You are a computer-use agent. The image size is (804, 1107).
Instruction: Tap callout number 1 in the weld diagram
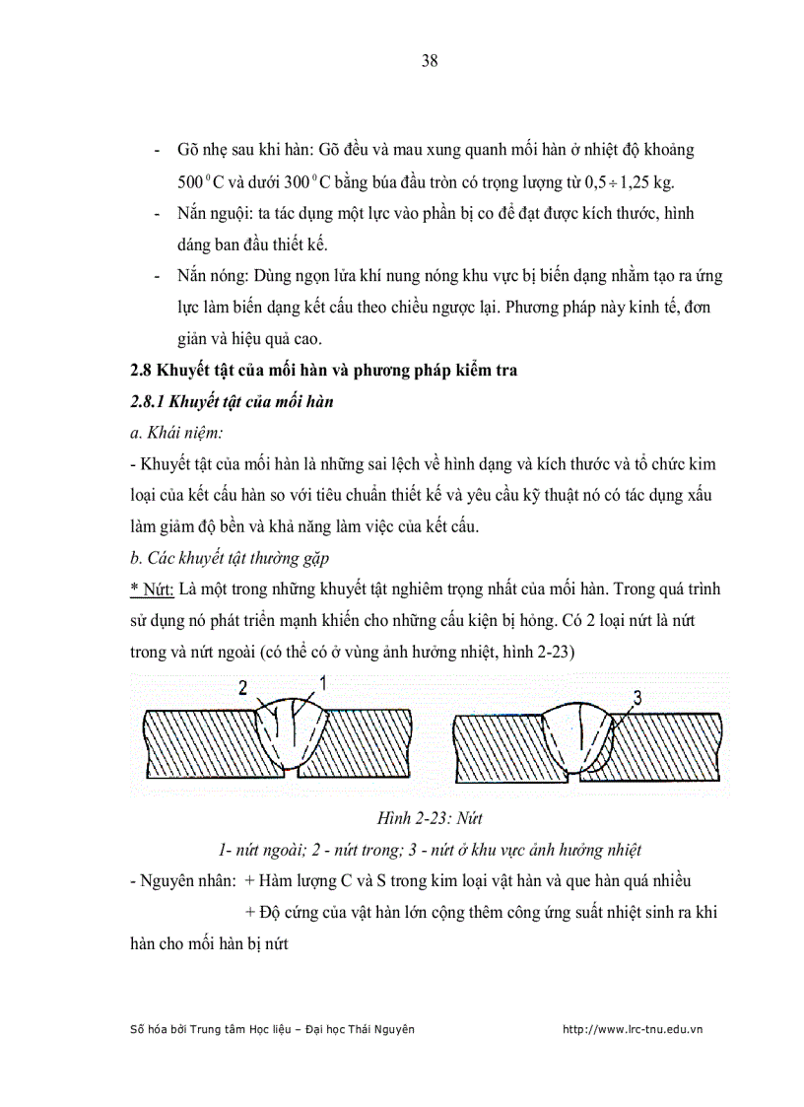click(x=322, y=681)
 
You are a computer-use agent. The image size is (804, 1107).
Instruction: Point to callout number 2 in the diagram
click(x=242, y=688)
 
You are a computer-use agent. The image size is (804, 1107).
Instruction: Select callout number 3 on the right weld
click(x=636, y=698)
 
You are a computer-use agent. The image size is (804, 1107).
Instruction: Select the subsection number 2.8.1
click(x=150, y=401)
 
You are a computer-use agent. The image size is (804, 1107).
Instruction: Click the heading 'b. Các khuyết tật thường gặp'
click(x=223, y=559)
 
